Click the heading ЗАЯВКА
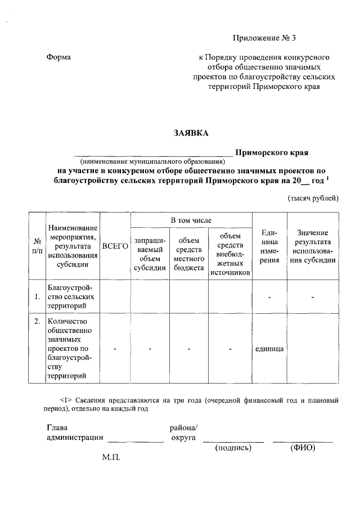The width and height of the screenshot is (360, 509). [x=191, y=133]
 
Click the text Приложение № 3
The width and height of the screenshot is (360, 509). [x=264, y=38]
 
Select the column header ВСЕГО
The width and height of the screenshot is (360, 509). [x=115, y=246]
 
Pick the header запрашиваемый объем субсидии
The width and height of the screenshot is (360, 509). [x=150, y=254]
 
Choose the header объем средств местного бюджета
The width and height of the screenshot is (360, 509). [x=188, y=254]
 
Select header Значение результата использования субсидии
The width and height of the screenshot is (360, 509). [x=313, y=246]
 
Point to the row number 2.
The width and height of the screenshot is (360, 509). [x=37, y=322]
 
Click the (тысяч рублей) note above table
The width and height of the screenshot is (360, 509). [x=313, y=198]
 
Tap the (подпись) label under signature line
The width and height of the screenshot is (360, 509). [x=233, y=448]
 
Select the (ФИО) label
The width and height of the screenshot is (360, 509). [x=303, y=448]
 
